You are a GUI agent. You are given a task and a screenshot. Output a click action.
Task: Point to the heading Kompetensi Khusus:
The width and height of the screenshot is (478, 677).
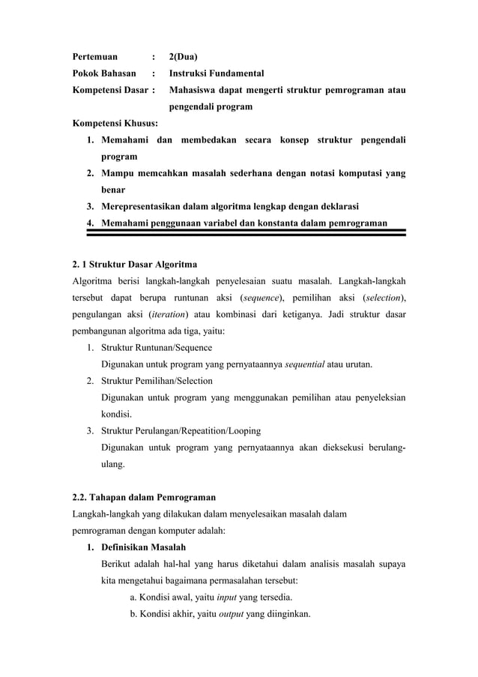click(x=109, y=124)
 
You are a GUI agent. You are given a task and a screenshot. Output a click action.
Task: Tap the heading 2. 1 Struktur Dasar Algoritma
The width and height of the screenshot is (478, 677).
click(x=135, y=264)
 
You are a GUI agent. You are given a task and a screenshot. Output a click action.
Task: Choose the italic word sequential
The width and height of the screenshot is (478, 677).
click(x=304, y=364)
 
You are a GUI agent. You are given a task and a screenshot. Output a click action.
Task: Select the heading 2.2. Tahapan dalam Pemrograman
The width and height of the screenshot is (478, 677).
click(x=143, y=497)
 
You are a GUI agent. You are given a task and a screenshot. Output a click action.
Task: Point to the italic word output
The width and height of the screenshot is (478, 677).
click(x=230, y=613)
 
